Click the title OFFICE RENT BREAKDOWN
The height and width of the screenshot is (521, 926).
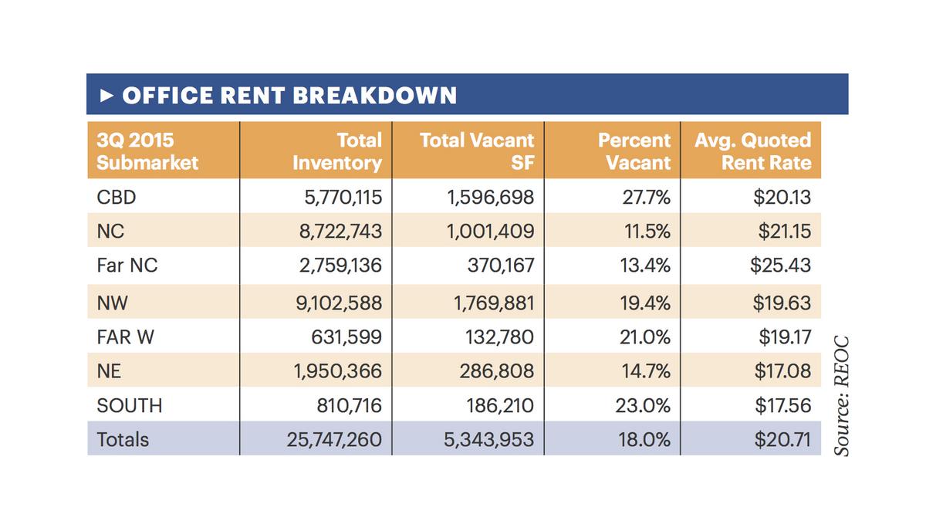[x=289, y=95]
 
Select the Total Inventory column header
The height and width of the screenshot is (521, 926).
[x=337, y=151]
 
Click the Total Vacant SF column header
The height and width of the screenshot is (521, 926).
[x=476, y=151]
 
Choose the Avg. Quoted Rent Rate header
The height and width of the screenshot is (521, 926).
[x=752, y=151]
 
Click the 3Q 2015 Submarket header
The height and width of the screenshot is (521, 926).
[x=147, y=151]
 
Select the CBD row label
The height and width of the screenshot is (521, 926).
[x=117, y=198]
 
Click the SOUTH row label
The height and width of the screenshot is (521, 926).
[x=130, y=405]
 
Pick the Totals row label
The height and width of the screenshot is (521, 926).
[x=123, y=440]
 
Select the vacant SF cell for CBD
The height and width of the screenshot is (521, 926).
[x=490, y=198]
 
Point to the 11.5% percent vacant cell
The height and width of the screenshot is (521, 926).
[x=646, y=232]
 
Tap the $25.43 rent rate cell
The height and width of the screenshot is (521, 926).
[x=780, y=266]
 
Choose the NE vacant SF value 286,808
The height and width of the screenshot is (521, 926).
[x=495, y=371]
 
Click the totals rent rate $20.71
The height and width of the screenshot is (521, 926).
[x=782, y=440]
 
